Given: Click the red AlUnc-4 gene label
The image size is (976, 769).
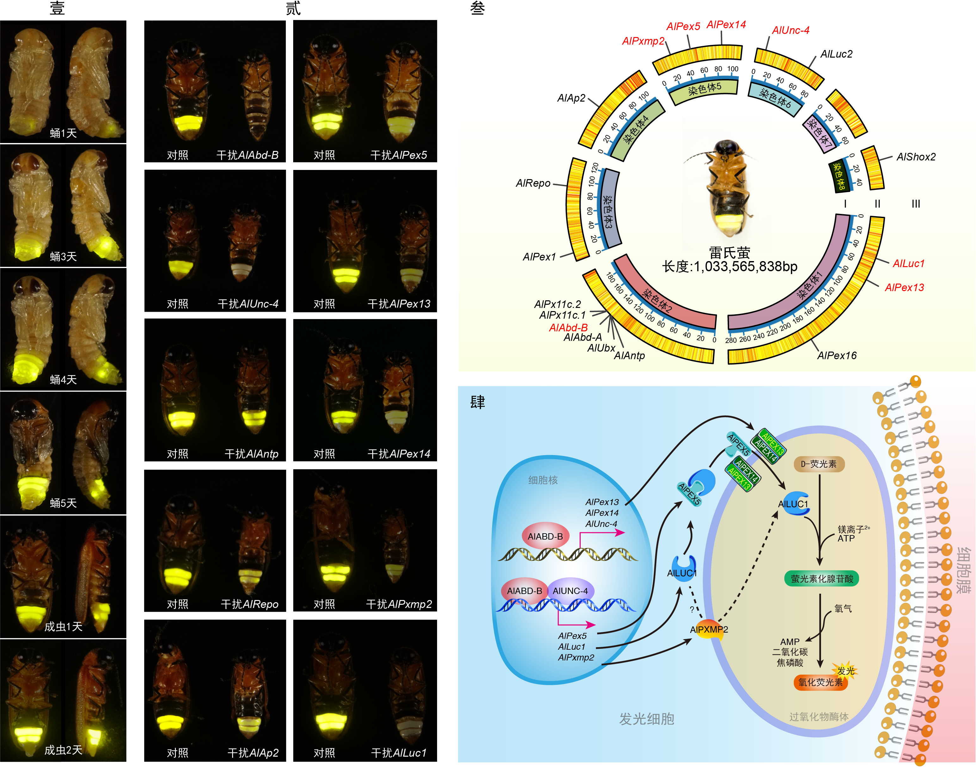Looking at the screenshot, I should pos(791,30).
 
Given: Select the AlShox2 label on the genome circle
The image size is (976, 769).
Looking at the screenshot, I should pos(916,157).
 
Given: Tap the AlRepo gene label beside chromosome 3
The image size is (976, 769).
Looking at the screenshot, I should pos(533,183).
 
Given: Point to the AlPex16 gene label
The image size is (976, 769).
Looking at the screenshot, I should pos(837,355).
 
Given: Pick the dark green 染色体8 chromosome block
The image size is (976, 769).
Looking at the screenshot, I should pos(838,176).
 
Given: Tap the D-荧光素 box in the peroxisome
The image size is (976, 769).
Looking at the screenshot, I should pos(818,464).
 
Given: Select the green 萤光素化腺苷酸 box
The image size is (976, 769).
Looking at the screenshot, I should pos(822,578).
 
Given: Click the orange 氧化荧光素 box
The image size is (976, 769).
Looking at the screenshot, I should pos(820,682).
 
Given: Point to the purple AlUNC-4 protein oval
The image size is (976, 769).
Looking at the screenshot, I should pos(570,591).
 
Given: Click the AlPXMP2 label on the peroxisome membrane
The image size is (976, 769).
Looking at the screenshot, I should pos(709,629).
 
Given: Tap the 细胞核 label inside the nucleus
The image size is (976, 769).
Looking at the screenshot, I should pos(543,480).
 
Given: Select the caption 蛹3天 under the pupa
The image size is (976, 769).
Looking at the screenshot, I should pos(63,257).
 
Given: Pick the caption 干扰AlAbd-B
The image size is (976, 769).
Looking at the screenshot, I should pos(248,155).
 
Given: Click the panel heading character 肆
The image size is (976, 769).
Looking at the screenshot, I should pos(478,402).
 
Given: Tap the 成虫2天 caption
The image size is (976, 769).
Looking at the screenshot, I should pos(63,750).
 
